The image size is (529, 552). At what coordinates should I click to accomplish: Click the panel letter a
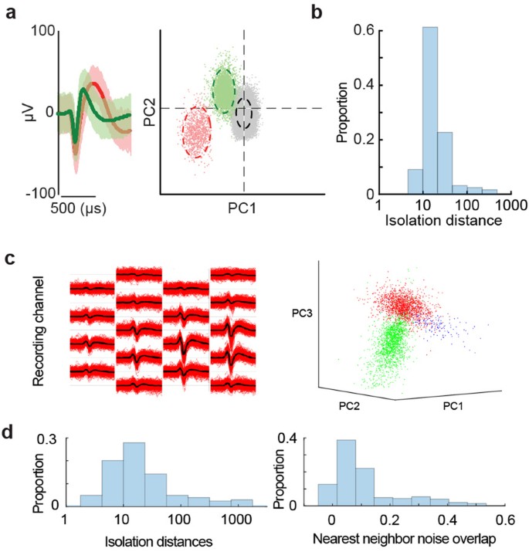point(10,12)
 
